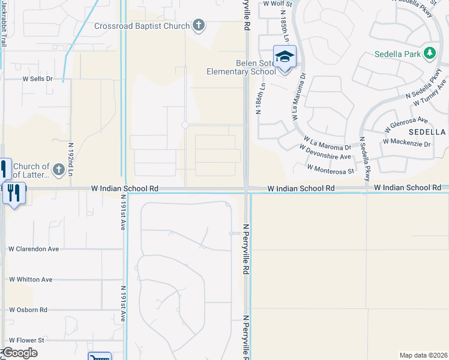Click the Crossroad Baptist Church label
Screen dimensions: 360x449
click(142, 26)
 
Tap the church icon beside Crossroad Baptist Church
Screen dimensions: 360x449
click(199, 26)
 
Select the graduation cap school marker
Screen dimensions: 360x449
click(285, 58)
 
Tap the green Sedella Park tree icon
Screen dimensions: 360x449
click(429, 54)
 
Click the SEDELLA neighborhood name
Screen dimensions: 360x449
click(427, 131)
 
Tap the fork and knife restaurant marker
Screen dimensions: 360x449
click(14, 193)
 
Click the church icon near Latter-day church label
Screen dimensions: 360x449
click(58, 170)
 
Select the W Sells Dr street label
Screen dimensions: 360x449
click(38, 79)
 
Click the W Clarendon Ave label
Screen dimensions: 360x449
click(34, 248)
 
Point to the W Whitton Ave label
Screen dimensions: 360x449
click(31, 280)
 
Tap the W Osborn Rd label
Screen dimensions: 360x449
click(28, 310)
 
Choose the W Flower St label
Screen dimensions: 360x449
click(26, 340)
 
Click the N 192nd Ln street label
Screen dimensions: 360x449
click(70, 156)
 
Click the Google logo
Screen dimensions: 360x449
click(20, 353)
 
